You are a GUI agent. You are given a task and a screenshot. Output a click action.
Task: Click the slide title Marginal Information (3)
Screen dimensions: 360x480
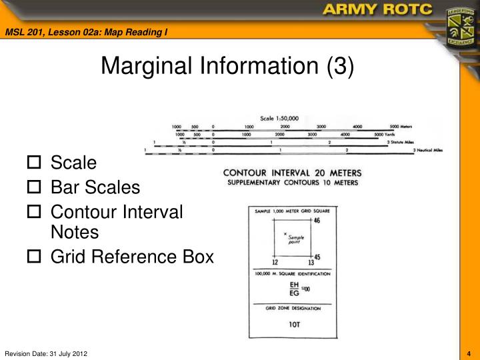(227, 66)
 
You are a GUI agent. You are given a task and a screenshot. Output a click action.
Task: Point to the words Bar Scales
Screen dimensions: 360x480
(95, 187)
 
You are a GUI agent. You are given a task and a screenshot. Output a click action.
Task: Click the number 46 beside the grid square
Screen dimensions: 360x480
(317, 221)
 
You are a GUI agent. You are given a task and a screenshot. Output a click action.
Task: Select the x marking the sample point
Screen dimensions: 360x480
(285, 234)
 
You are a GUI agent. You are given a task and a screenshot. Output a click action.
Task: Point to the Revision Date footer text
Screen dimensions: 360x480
(46, 353)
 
